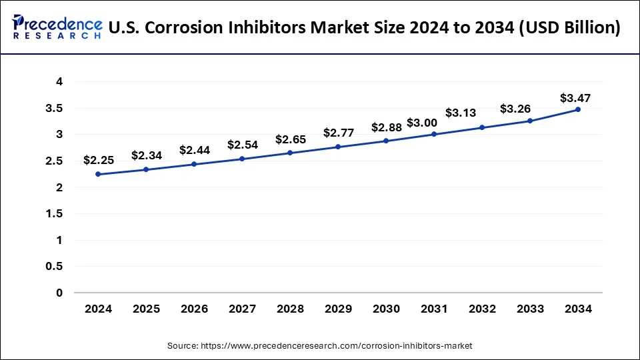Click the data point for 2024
[98, 174]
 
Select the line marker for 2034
[578, 109]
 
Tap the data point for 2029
[338, 147]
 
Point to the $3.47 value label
[575, 98]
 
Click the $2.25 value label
[98, 160]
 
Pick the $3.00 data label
[423, 123]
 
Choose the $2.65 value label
[290, 140]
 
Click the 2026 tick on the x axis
[194, 309]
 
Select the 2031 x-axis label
[434, 309]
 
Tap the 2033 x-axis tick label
[530, 309]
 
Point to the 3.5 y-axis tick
[54, 108]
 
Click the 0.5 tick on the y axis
[54, 266]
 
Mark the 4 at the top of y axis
[59, 81]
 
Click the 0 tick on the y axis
[59, 293]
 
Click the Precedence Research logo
[57, 27]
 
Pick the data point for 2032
[482, 127]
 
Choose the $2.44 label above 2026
[194, 151]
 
